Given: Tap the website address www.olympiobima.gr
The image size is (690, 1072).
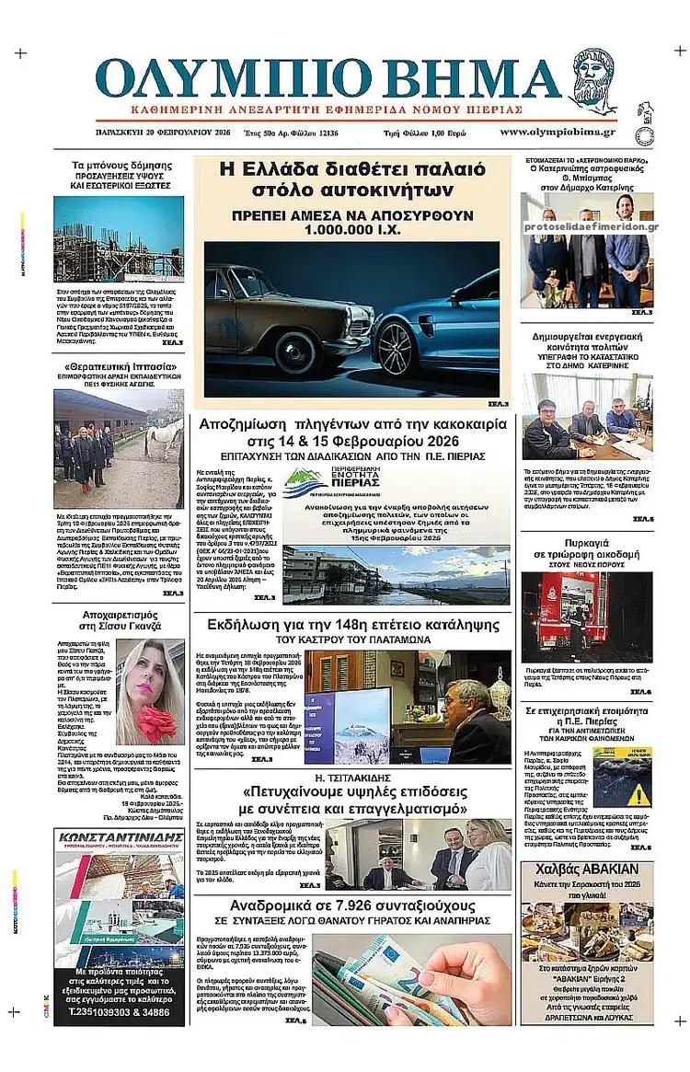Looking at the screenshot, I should click(x=558, y=133).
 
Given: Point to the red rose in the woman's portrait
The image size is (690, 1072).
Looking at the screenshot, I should click(x=156, y=719).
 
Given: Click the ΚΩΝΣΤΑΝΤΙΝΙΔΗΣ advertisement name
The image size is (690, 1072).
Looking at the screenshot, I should click(x=119, y=838).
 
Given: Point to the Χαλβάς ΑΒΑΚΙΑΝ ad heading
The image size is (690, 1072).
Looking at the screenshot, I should click(x=587, y=871).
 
